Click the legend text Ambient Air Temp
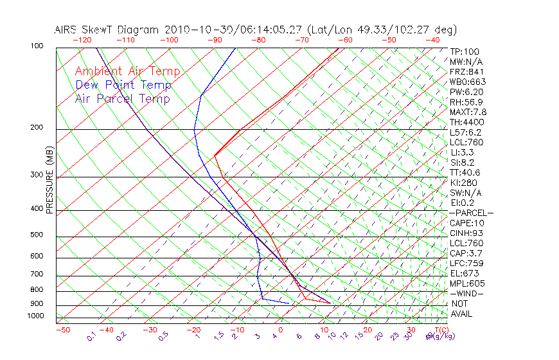click(128, 71)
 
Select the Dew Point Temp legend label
click(123, 85)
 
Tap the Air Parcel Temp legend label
click(123, 98)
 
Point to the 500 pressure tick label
click(36, 235)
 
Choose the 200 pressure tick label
click(36, 127)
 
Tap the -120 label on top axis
click(82, 40)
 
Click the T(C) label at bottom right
click(442, 330)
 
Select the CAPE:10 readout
click(466, 223)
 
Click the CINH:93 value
click(466, 233)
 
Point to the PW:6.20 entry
click(466, 92)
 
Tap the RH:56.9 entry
click(466, 102)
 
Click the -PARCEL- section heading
click(471, 213)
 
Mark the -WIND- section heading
click(466, 294)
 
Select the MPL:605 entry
click(466, 283)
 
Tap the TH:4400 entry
click(466, 122)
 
